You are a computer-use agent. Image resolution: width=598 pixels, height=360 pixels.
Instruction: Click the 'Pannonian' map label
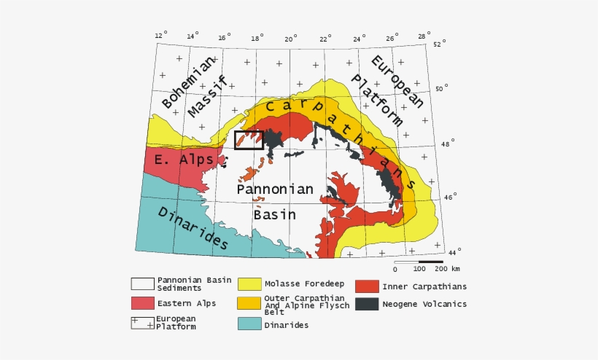tap(276, 189)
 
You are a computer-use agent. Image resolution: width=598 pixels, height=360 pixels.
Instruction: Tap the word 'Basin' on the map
tap(275, 214)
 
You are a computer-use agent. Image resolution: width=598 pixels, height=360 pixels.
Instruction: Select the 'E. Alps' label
tap(183, 160)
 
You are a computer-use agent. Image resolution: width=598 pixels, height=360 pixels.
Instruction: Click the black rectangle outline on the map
tap(249, 140)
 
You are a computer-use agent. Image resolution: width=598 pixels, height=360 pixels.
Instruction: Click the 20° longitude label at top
tap(291, 38)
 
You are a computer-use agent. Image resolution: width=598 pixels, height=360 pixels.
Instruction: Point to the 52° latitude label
tap(440, 44)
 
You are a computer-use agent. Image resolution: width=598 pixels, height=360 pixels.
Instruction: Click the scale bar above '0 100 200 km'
tap(419, 261)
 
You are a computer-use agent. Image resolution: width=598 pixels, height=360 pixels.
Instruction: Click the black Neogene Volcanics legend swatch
tap(367, 304)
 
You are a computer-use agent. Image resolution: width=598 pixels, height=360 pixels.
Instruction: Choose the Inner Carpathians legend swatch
tap(367, 286)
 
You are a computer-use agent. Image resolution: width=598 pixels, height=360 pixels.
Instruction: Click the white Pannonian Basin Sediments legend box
tap(142, 283)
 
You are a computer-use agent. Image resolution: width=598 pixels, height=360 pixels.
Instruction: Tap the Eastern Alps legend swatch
tap(142, 302)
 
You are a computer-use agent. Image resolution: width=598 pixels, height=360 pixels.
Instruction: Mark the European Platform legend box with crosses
tap(142, 323)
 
